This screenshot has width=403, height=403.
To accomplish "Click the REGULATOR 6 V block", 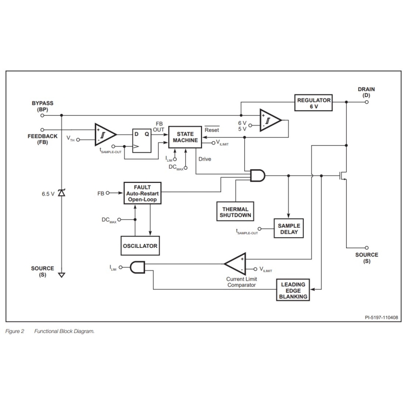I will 313,103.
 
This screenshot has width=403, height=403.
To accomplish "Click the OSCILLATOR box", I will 140,246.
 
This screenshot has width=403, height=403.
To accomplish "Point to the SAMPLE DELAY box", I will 288,229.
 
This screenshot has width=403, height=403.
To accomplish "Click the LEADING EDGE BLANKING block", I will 294,291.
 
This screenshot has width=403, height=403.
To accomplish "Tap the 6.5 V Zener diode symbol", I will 61,193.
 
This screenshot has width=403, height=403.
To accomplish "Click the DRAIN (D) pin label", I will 366,92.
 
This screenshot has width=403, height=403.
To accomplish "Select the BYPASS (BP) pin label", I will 42,106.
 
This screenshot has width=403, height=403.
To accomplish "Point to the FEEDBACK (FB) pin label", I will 42,139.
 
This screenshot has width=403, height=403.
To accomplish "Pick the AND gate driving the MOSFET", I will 257,176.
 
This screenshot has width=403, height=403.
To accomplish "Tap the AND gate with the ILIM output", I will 138,267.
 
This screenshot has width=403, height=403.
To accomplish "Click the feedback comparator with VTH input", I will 105,133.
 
